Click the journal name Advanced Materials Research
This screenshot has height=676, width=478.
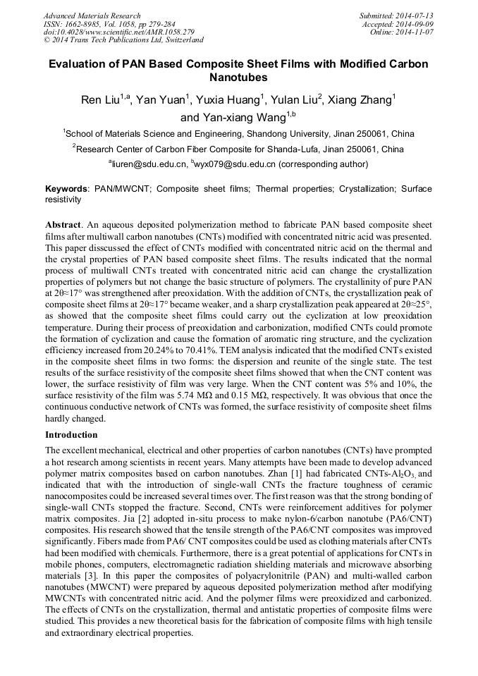pyautogui.click(x=92, y=16)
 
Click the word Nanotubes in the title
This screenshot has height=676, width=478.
pyautogui.click(x=239, y=76)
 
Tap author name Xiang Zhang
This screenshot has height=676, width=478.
pyautogui.click(x=365, y=101)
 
